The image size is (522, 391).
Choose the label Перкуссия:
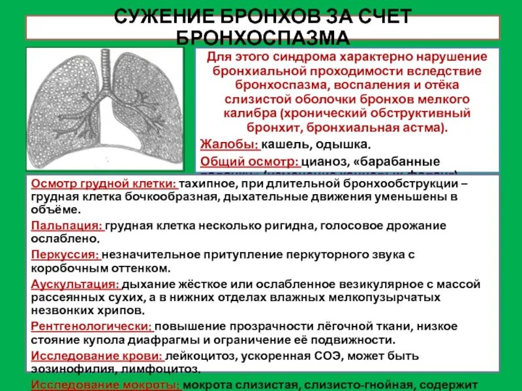click(x=65, y=254)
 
